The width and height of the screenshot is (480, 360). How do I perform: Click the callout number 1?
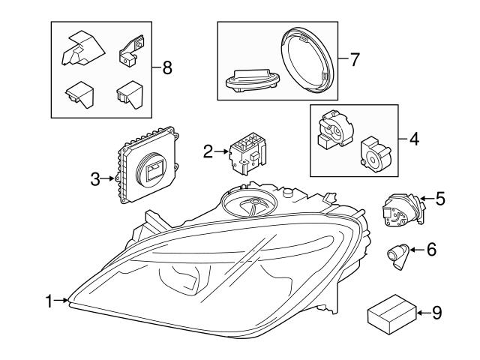pyautogui.click(x=49, y=301)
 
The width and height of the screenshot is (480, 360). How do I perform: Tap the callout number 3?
pyautogui.click(x=95, y=178)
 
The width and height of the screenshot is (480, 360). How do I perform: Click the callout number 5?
pyautogui.click(x=439, y=199)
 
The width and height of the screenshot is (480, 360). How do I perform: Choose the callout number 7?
pyautogui.click(x=355, y=58)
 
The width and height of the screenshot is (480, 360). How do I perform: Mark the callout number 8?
pyautogui.click(x=166, y=68)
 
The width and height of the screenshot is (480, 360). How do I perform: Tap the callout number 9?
pyautogui.click(x=436, y=312)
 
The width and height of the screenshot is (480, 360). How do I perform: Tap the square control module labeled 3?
pyautogui.click(x=149, y=166)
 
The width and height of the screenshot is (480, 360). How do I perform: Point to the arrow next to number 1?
pyautogui.click(x=63, y=301)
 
